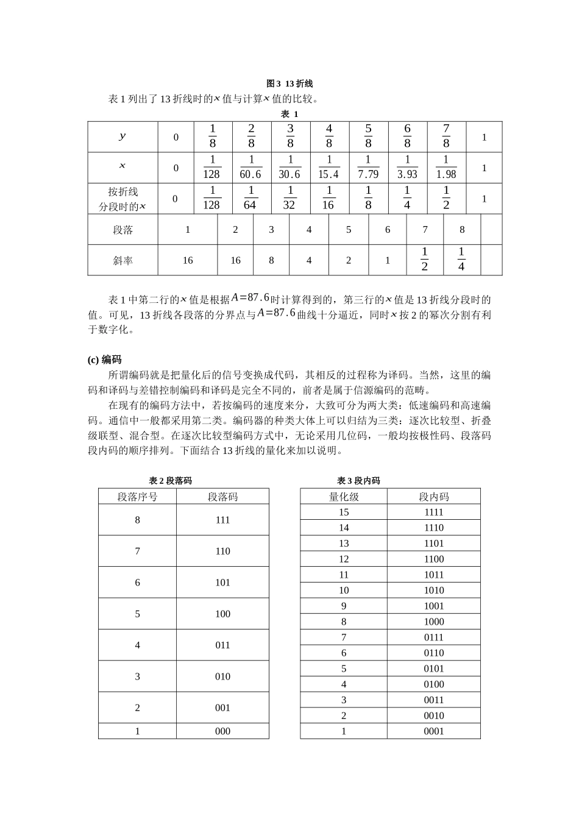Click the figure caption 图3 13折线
click(289, 83)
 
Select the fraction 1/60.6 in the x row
click(250, 168)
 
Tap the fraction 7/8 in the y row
click(446, 136)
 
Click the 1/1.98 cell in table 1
click(446, 168)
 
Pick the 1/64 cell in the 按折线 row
click(250, 199)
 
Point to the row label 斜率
click(123, 260)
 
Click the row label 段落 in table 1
click(123, 230)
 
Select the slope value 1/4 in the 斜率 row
click(461, 260)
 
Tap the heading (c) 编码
click(105, 360)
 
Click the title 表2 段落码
click(171, 481)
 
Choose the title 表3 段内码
click(358, 481)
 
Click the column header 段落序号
click(138, 497)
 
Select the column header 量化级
click(344, 497)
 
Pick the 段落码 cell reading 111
click(222, 520)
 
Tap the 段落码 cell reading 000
click(222, 731)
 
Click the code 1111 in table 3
click(434, 512)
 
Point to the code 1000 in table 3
click(434, 622)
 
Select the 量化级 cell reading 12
click(344, 559)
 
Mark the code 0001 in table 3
click(434, 731)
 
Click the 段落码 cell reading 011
click(222, 645)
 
